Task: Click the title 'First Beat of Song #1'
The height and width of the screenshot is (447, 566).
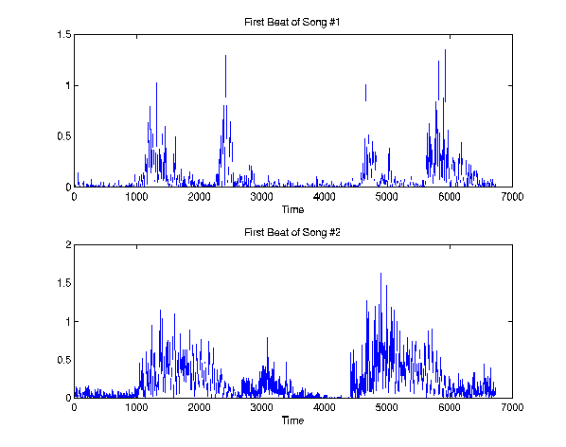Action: [292, 22]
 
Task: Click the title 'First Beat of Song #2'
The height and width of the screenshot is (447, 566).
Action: [292, 232]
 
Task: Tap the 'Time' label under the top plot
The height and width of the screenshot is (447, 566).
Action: [292, 209]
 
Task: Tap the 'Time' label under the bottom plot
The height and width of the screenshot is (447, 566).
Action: [292, 420]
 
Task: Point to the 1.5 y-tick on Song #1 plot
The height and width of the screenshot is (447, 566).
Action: [64, 35]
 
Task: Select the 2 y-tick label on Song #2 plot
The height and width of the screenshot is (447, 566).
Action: [68, 244]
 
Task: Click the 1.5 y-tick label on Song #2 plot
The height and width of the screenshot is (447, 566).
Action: [64, 283]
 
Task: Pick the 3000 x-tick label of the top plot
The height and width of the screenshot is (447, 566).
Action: [261, 197]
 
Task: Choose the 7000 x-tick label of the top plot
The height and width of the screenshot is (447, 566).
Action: [512, 197]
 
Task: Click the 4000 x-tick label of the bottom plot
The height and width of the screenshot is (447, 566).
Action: [324, 407]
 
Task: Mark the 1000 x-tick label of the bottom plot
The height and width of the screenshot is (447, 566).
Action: [136, 407]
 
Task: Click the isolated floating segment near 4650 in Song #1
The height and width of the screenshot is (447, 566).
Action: [365, 93]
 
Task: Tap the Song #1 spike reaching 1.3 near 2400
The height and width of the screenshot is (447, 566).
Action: [225, 76]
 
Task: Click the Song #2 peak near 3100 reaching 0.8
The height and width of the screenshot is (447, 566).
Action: [268, 357]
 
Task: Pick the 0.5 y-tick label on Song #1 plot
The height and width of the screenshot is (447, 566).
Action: [64, 136]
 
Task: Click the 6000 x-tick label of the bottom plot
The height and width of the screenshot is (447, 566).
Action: [450, 407]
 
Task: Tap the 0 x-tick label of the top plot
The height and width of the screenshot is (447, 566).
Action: [74, 197]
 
